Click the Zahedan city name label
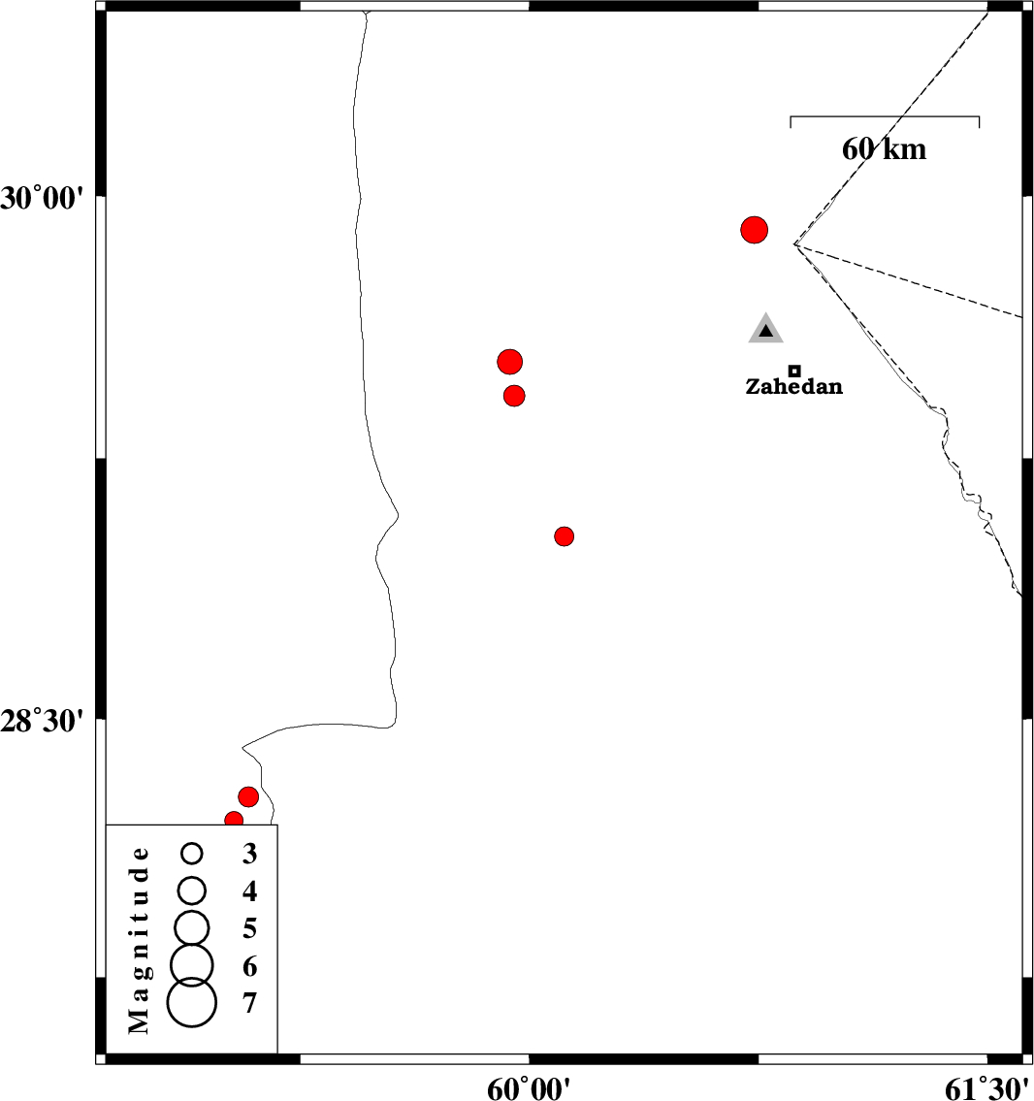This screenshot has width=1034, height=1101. (x=793, y=387)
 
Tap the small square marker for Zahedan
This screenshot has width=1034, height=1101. (x=794, y=371)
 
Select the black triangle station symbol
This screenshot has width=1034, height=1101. (x=766, y=331)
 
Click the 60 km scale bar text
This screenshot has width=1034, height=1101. (x=884, y=148)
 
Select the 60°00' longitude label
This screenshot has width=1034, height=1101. (x=530, y=1088)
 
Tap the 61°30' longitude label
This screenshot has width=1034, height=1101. (x=987, y=1088)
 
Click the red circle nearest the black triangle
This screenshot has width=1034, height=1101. (x=754, y=230)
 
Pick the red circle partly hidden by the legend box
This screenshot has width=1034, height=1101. (x=234, y=820)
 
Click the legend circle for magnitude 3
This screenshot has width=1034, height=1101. (x=192, y=854)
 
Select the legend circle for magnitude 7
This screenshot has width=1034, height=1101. (x=192, y=1002)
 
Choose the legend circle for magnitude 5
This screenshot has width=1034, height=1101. (x=192, y=927)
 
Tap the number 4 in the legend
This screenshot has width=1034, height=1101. (x=250, y=891)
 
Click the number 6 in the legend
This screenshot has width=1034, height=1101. (x=250, y=966)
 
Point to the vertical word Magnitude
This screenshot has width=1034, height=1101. (x=140, y=939)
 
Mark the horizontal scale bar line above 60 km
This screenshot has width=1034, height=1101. (x=885, y=117)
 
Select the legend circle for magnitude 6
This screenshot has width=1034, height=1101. (x=192, y=963)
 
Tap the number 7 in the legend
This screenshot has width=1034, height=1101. (x=250, y=1002)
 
